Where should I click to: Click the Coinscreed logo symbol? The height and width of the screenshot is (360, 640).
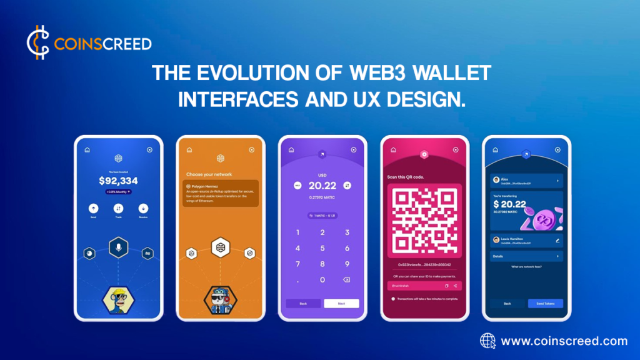(x=38, y=43)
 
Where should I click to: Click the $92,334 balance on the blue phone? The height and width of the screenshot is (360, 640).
(x=118, y=181)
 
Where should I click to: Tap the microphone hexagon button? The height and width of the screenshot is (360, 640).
(x=118, y=248)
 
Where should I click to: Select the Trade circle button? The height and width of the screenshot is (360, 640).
(x=118, y=208)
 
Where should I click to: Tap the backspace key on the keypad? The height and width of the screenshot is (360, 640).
(x=347, y=279)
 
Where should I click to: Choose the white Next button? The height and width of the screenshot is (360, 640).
(x=341, y=303)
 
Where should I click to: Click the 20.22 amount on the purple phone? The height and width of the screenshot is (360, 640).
(x=322, y=186)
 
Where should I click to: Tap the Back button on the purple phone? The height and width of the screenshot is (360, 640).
(x=302, y=303)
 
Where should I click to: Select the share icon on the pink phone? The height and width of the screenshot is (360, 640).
(x=456, y=286)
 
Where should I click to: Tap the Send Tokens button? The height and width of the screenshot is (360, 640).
(x=545, y=303)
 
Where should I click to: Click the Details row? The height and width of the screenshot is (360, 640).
(x=526, y=256)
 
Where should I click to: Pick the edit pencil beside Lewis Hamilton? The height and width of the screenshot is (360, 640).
(x=557, y=239)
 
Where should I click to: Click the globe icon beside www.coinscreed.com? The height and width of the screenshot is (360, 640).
(x=488, y=341)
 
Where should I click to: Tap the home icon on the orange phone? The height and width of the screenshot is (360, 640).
(x=189, y=150)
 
